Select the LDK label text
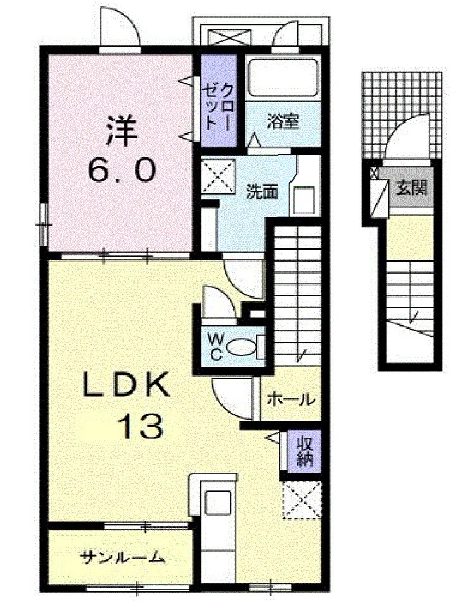(x=126, y=385)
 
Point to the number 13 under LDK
(x=140, y=426)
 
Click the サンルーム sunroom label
(x=123, y=557)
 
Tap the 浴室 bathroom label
(x=283, y=122)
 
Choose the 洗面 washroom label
(x=262, y=192)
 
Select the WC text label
(x=216, y=347)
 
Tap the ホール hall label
(x=291, y=399)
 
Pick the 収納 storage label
(x=304, y=451)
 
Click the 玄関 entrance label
(x=412, y=188)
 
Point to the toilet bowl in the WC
(x=241, y=347)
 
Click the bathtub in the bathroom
(x=283, y=76)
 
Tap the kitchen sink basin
(x=218, y=502)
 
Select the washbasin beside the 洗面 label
(x=304, y=200)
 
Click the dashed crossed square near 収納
(x=302, y=500)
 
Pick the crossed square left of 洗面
(x=218, y=176)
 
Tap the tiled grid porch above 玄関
(x=402, y=115)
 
